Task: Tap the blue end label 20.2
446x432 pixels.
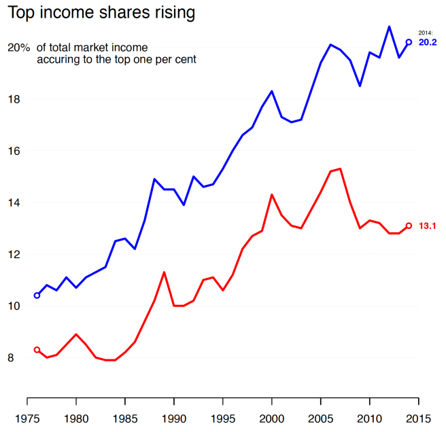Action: click(428, 42)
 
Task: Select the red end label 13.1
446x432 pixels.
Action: click(428, 226)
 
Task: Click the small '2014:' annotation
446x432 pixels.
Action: click(426, 33)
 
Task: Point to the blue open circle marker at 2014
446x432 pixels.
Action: click(409, 42)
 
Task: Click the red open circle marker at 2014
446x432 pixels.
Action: click(409, 226)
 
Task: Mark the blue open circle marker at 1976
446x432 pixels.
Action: click(37, 295)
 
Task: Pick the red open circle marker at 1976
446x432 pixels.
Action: click(37, 350)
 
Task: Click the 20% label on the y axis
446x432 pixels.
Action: click(19, 48)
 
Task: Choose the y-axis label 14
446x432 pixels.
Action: click(14, 202)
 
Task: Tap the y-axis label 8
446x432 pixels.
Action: click(16, 358)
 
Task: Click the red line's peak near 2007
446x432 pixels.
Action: click(340, 168)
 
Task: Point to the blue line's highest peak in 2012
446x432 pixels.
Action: click(389, 26)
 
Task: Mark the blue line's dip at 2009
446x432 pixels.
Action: click(360, 86)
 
